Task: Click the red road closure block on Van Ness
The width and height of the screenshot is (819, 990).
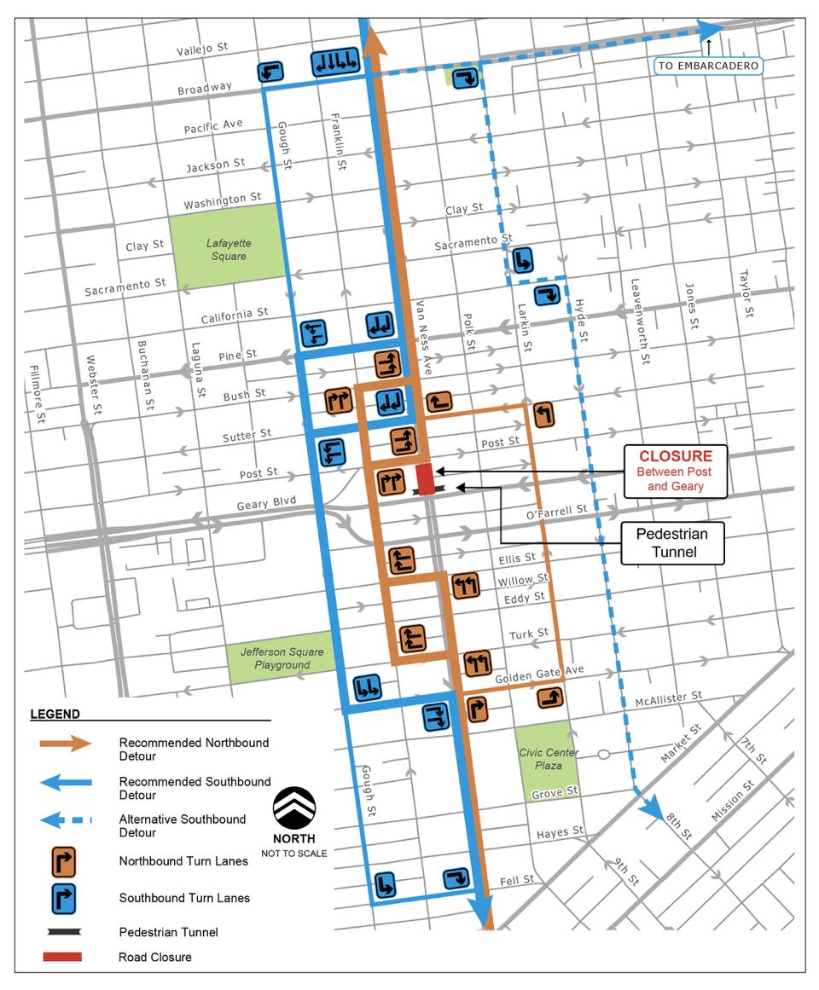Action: point(425,478)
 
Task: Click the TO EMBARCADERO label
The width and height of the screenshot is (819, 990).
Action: point(707,66)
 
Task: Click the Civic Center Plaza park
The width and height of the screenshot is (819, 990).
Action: point(547,758)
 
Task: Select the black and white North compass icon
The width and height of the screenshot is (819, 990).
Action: point(293,807)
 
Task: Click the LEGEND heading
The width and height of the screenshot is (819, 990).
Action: point(55,714)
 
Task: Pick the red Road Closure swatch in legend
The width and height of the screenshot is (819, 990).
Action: point(62,957)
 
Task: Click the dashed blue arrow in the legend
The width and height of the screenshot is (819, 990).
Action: point(64,821)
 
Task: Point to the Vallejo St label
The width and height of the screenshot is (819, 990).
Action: point(204,50)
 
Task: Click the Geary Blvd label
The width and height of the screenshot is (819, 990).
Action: point(266,504)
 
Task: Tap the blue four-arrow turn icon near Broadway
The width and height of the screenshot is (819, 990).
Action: point(334,61)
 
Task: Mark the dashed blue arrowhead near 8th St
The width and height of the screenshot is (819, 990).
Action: point(655,809)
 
